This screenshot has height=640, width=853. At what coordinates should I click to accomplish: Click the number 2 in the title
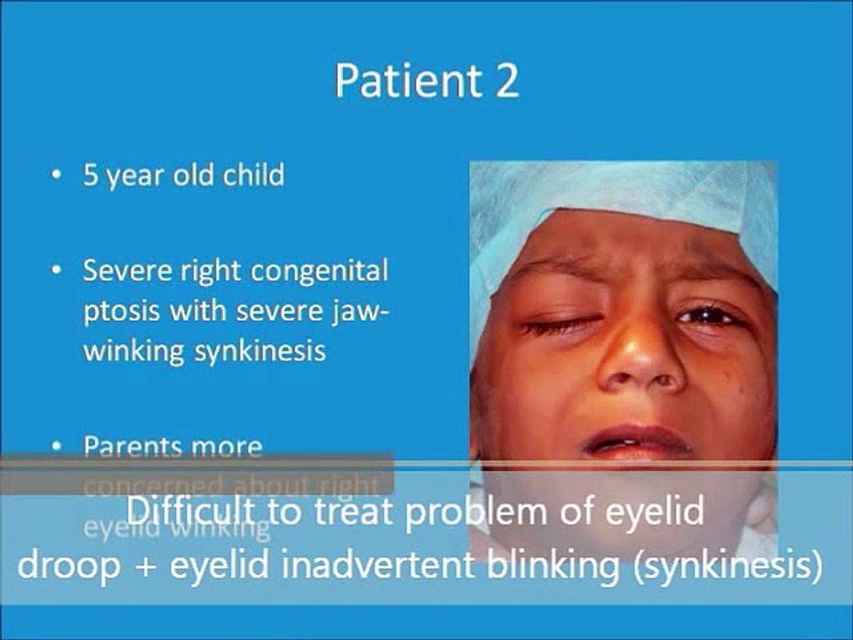click(x=504, y=81)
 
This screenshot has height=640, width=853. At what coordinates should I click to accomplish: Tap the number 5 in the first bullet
click(x=90, y=175)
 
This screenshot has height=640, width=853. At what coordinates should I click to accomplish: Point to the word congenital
click(x=319, y=272)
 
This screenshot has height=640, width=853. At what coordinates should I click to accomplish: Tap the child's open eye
click(x=706, y=315)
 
